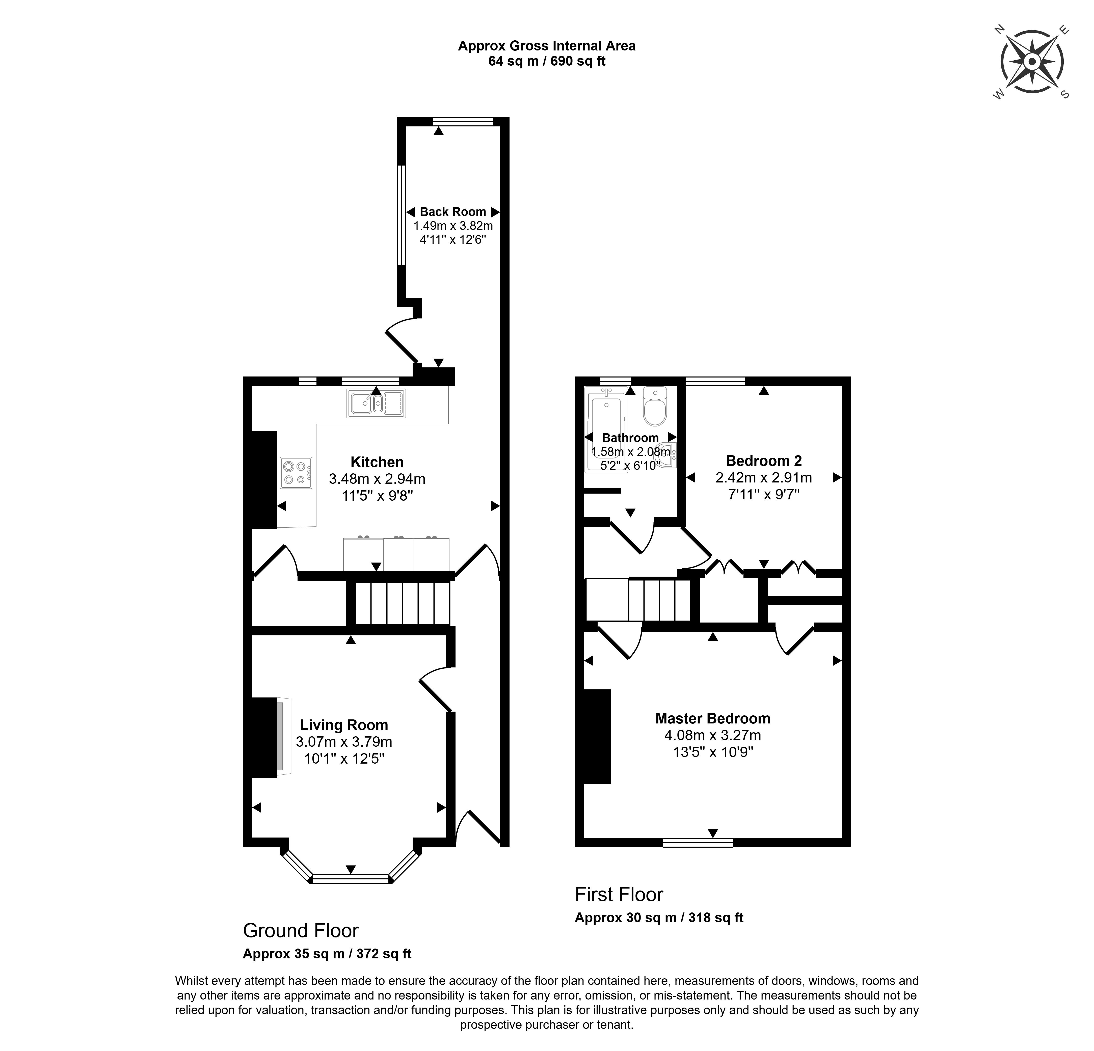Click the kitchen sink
376,403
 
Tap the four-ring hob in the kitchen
296,473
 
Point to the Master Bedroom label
713,718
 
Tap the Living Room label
344,725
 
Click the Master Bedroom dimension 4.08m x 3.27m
713,735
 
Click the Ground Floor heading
301,930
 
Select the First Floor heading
619,895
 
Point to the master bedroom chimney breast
597,736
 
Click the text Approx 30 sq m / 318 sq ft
659,918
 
